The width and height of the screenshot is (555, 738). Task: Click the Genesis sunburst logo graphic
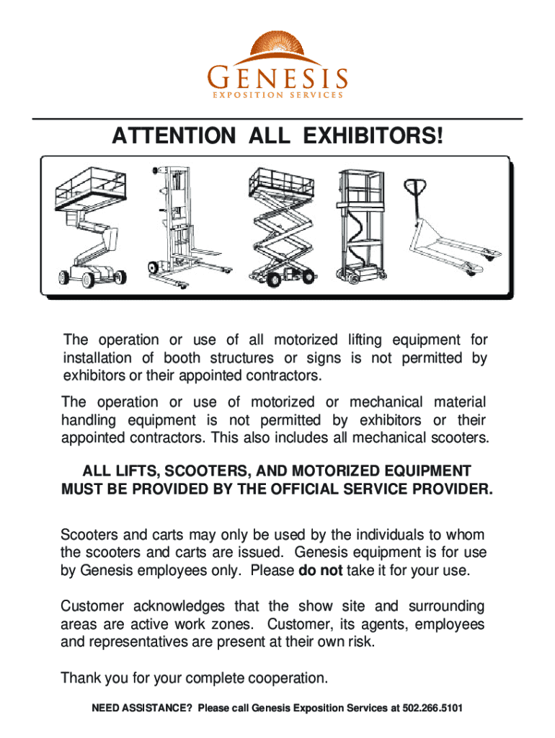tap(278, 48)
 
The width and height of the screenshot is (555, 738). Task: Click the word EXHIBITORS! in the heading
tap(373, 135)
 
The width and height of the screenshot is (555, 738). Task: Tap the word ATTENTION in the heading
tap(174, 135)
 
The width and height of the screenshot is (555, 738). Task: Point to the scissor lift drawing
tap(282, 227)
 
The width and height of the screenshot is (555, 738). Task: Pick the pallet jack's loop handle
tap(415, 187)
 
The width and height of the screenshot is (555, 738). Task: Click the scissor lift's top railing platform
tap(282, 182)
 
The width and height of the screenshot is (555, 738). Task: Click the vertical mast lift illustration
tap(361, 226)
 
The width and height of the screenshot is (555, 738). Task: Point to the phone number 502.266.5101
tap(432, 708)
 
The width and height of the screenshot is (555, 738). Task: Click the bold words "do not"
tap(321, 570)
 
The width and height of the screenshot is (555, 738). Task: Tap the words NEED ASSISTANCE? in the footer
tap(142, 708)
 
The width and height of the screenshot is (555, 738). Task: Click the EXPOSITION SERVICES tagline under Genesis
tap(277, 95)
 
